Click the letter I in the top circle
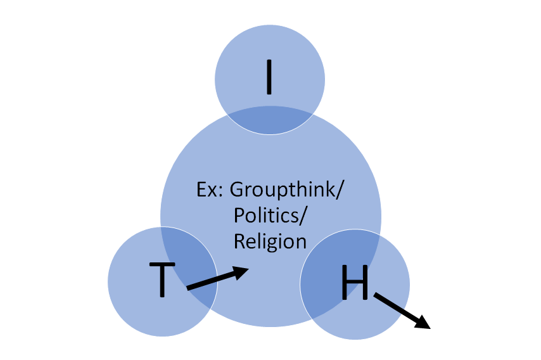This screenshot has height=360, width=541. [269, 77]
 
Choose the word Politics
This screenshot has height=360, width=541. [266, 215]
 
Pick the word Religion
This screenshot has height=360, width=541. [270, 241]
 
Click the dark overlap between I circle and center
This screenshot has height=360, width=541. [270, 122]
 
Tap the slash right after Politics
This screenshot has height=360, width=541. [303, 215]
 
